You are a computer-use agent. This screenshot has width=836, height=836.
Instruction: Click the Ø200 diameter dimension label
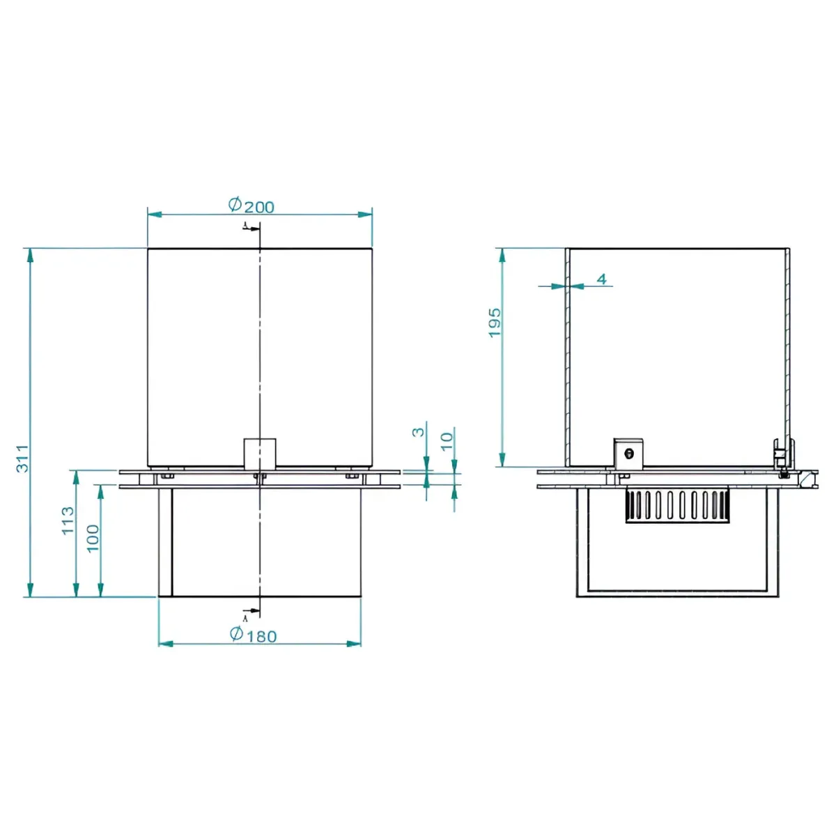[251, 206]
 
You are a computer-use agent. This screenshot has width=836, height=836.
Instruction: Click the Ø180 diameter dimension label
[253, 635]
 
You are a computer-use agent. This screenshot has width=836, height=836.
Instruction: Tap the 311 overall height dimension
[22, 458]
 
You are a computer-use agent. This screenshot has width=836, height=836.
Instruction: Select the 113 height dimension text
[68, 520]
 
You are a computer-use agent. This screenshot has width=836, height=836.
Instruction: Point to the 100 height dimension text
[93, 538]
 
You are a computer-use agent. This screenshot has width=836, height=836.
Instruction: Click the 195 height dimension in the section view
[495, 323]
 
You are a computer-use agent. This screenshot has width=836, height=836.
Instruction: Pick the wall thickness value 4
[602, 279]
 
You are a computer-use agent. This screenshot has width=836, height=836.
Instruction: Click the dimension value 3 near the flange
[417, 432]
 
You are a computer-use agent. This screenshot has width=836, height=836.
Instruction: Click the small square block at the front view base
[259, 454]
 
